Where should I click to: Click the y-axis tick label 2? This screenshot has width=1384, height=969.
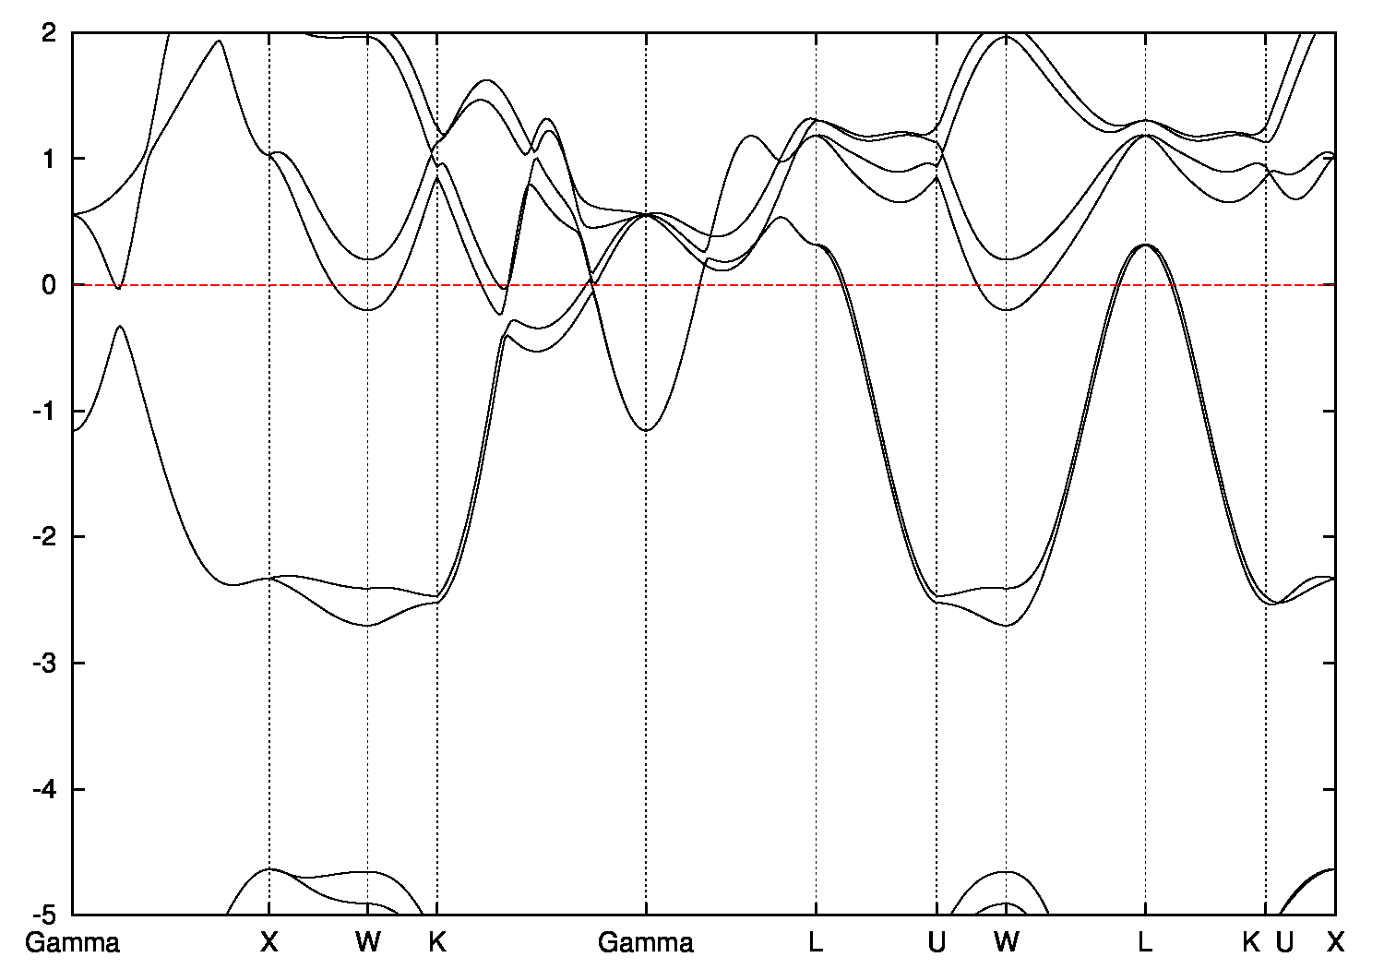pos(50,32)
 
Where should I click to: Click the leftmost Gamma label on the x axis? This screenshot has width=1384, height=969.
pos(72,943)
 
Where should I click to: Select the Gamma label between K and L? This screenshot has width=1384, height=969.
pos(646,943)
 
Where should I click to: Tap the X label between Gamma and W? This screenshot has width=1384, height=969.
pos(268,943)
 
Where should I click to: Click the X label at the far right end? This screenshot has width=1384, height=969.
pos(1335,943)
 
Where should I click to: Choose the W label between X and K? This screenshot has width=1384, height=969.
pos(367,943)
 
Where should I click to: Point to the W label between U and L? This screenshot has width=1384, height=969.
pos(1007,943)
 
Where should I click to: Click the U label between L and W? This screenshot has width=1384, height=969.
pos(937,943)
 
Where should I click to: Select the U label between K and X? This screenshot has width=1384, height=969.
pos(1283,943)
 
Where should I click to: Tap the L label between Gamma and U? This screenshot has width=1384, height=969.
pos(816,943)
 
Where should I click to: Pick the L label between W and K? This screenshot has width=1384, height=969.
pos(1145,943)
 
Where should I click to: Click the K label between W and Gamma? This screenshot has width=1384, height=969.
pos(437,943)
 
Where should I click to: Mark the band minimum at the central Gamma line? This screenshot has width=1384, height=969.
pos(646,430)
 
